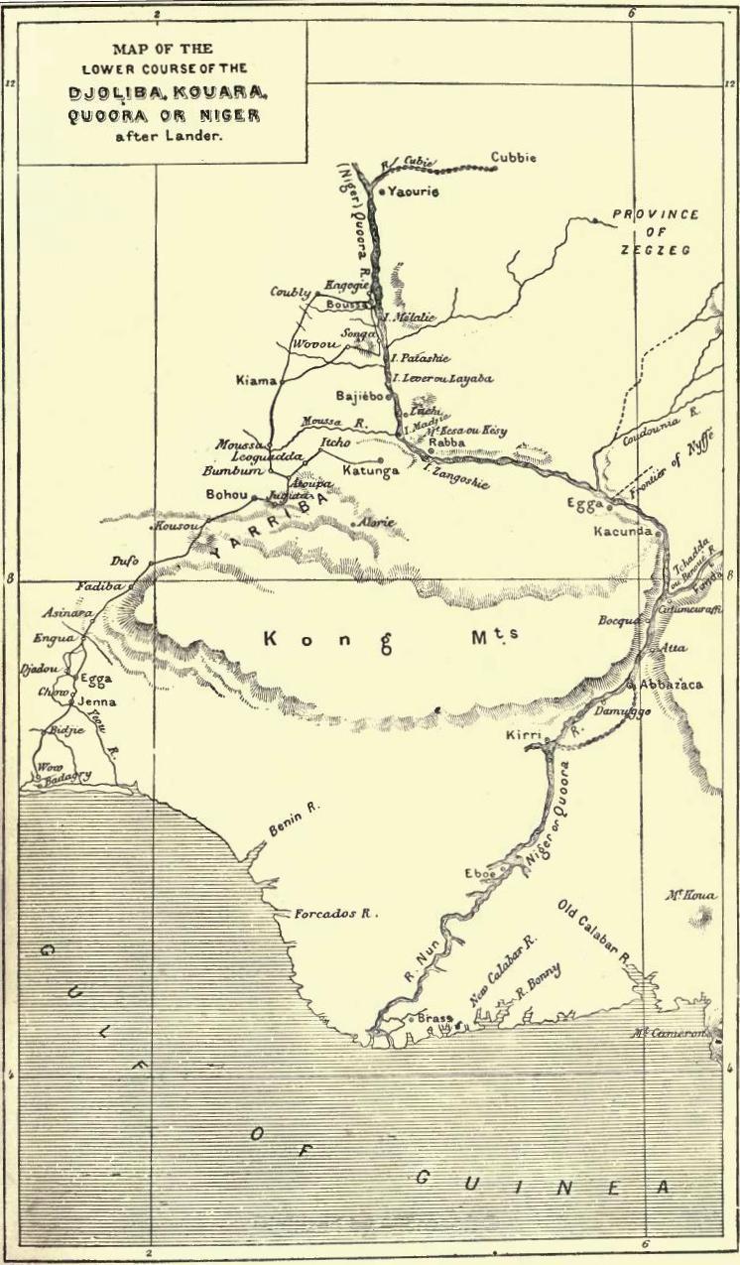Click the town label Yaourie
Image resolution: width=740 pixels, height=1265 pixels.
414,190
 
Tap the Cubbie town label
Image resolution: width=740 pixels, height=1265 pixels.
514,158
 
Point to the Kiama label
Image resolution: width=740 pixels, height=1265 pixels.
256,380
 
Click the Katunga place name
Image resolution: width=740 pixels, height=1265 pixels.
370,469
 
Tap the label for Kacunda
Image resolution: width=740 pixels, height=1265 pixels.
623,532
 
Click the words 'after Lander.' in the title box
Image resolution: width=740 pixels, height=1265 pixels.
164,137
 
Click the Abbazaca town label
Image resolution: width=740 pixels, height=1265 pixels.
672,685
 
